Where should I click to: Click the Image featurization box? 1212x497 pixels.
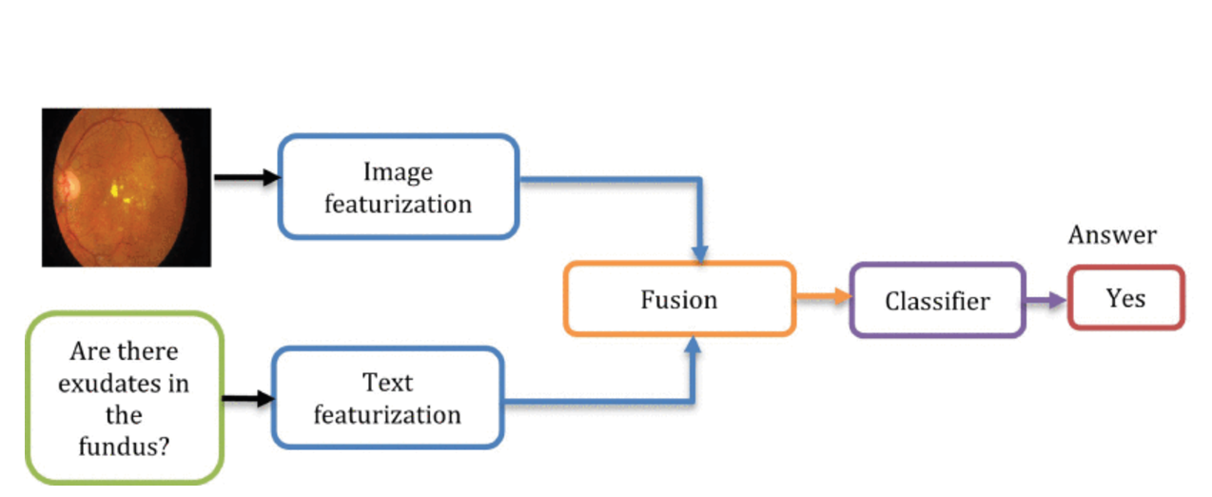point(398,187)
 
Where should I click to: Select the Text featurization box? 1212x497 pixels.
point(387,398)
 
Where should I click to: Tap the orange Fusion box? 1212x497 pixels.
point(679,299)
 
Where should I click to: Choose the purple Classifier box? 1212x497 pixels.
point(937,301)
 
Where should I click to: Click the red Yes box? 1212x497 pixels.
point(1125,298)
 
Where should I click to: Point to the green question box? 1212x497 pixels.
point(124,398)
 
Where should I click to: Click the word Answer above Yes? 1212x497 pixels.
point(1112,234)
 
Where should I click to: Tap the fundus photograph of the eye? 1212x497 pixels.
point(126,187)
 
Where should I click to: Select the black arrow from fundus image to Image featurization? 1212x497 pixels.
point(245,177)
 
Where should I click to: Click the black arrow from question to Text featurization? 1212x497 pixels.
point(248,399)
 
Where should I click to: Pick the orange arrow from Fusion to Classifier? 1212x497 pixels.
point(822,297)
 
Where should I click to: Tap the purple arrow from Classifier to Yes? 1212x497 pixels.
point(1046,301)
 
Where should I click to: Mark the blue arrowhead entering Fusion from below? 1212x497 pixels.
point(694,345)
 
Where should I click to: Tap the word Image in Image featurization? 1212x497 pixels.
point(398,171)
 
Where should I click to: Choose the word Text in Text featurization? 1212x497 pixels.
point(387,383)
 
